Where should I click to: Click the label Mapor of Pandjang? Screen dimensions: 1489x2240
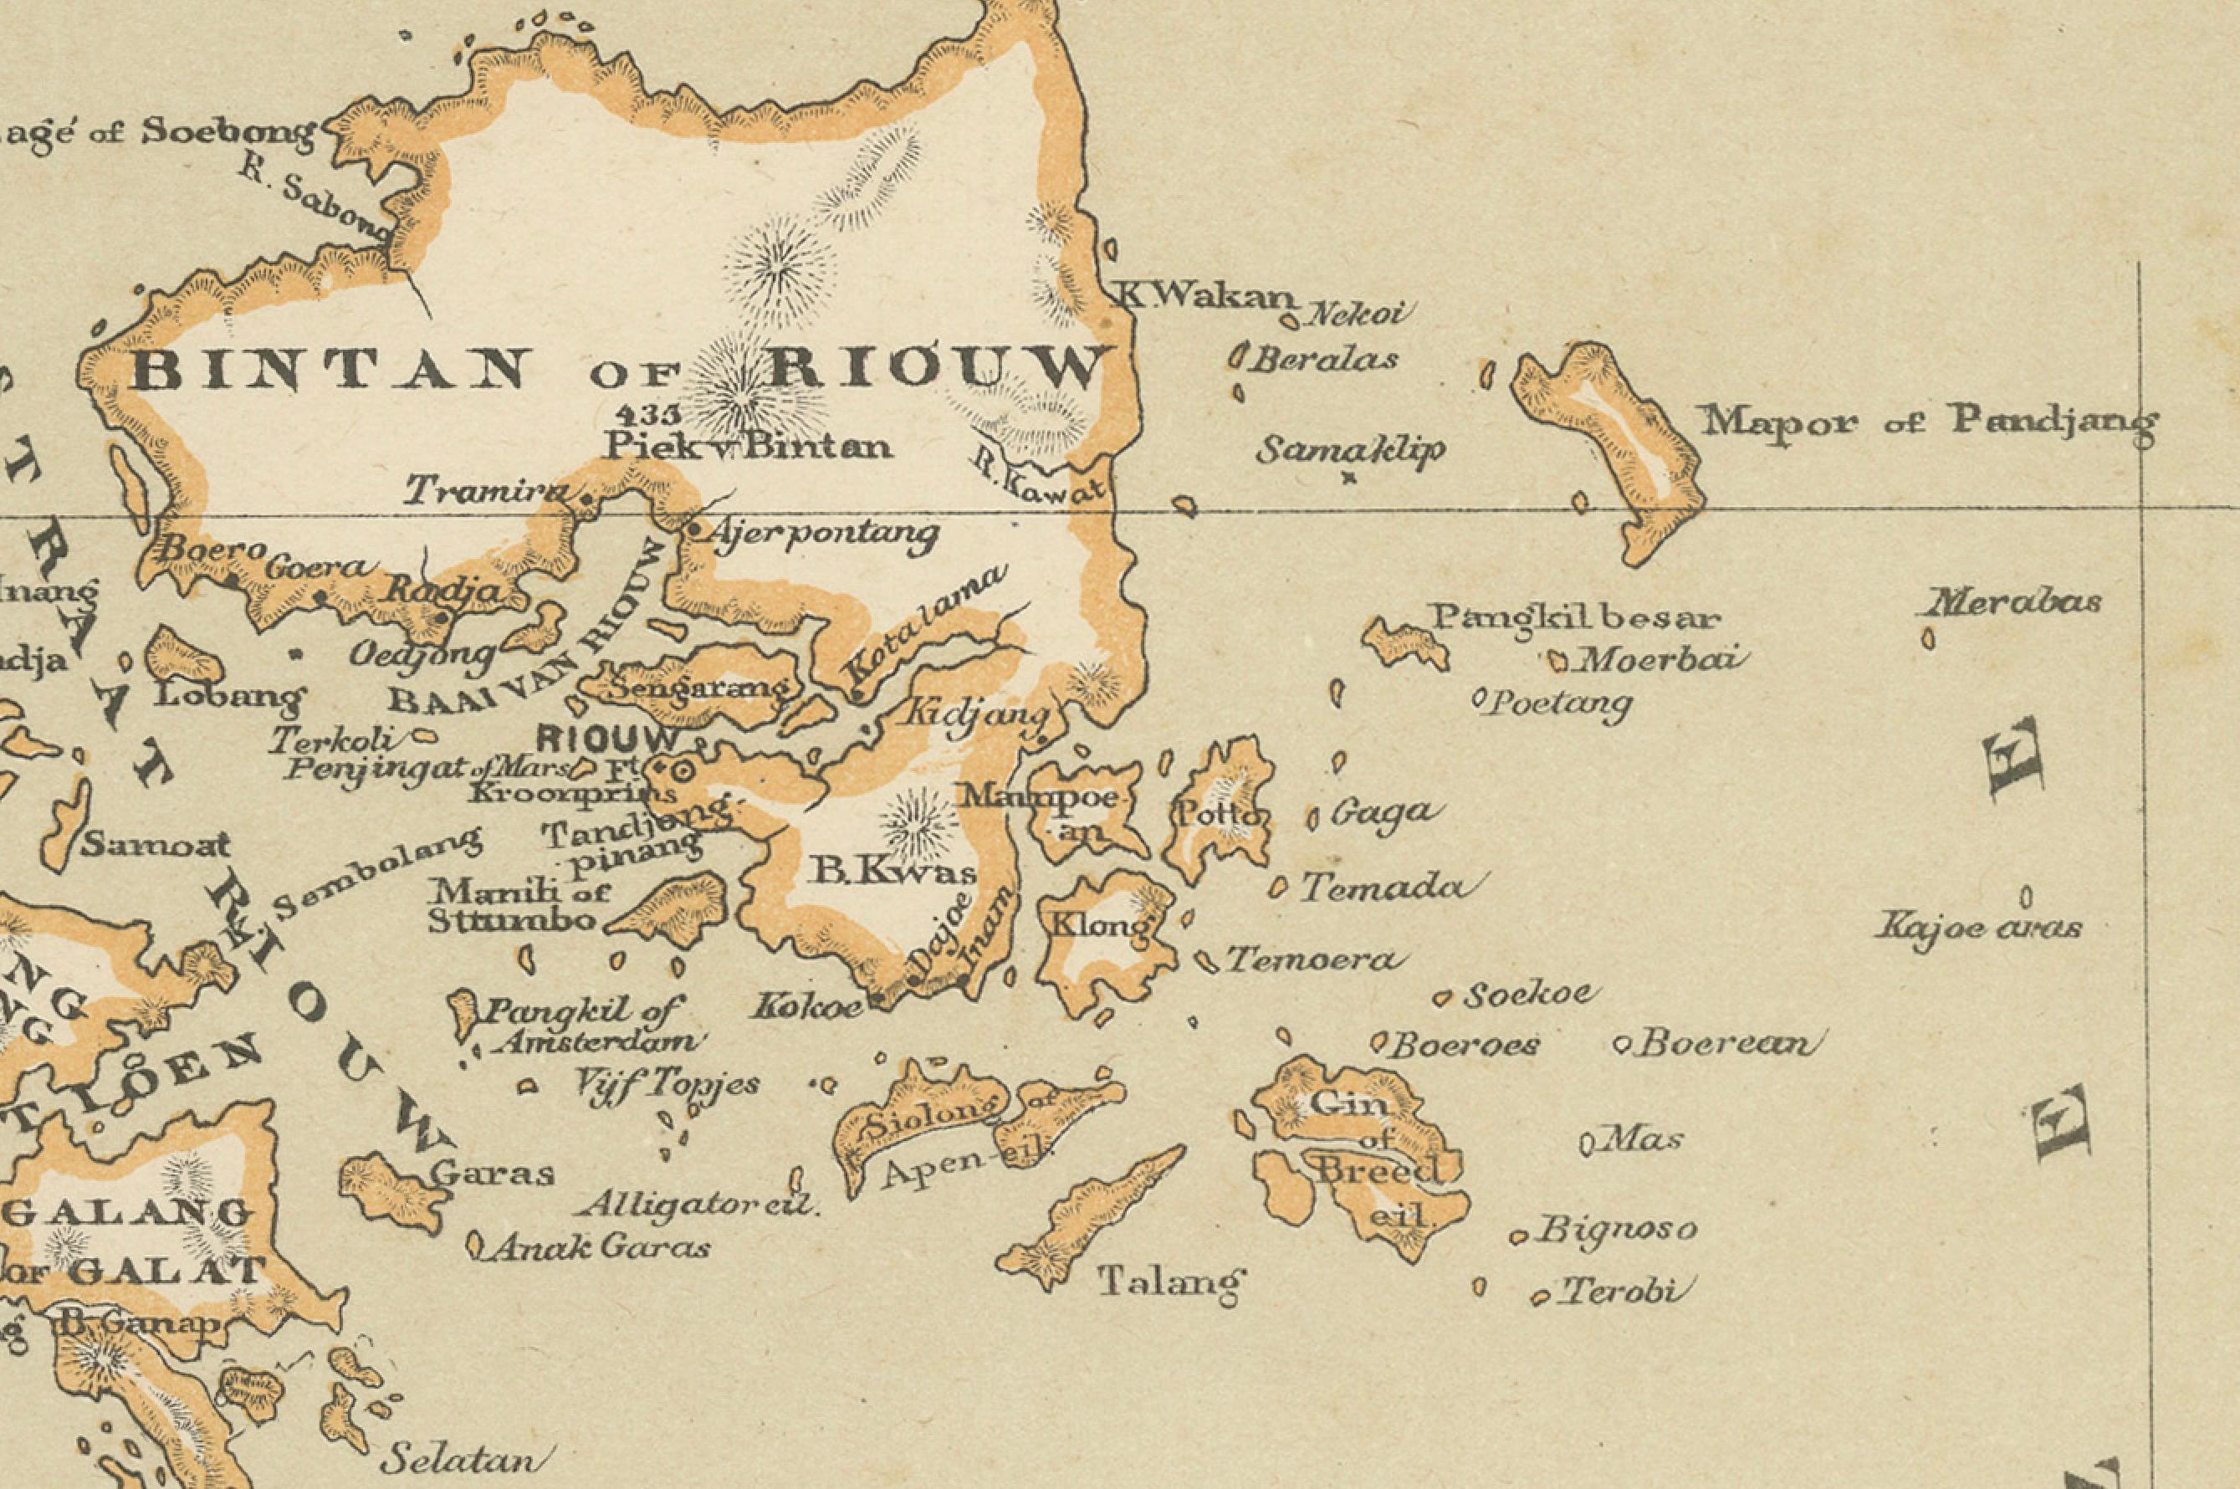(x=1928, y=420)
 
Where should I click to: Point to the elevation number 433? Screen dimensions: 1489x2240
(x=648, y=414)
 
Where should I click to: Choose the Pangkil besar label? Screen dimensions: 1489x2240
(x=1575, y=618)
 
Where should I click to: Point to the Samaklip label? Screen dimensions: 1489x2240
(x=1349, y=450)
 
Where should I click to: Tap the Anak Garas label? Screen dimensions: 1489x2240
(x=599, y=1247)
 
